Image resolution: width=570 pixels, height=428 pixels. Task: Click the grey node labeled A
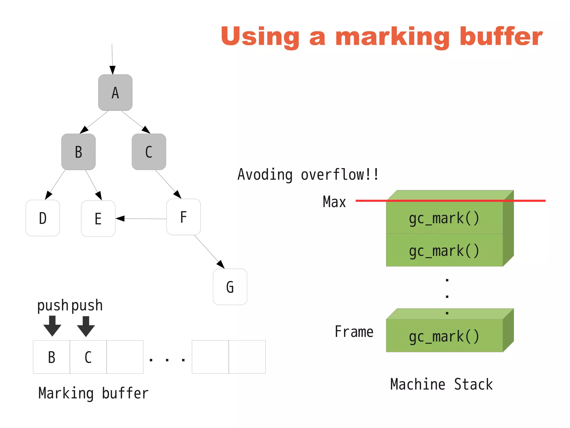115,92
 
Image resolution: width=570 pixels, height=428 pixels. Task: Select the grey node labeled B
78,152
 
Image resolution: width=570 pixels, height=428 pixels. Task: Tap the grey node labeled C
149,152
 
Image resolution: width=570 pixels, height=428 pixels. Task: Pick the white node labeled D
43,218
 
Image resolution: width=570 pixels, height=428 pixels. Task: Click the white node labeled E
98,219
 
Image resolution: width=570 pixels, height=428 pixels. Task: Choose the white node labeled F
183,217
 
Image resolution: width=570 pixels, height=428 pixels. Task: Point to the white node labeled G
230,287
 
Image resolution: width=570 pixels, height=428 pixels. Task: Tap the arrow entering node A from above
112,58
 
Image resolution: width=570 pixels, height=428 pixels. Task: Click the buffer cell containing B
51,357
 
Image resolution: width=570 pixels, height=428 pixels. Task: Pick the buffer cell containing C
88,357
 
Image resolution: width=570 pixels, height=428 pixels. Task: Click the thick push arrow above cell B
52,326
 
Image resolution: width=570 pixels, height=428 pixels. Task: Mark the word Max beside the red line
334,202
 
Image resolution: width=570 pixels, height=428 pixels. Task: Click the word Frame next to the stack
354,332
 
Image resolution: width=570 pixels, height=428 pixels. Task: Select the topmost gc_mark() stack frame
444,218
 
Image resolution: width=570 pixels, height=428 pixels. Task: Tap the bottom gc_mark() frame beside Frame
444,336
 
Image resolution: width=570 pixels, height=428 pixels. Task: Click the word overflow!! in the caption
340,175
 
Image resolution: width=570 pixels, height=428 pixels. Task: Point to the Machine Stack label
441,384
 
